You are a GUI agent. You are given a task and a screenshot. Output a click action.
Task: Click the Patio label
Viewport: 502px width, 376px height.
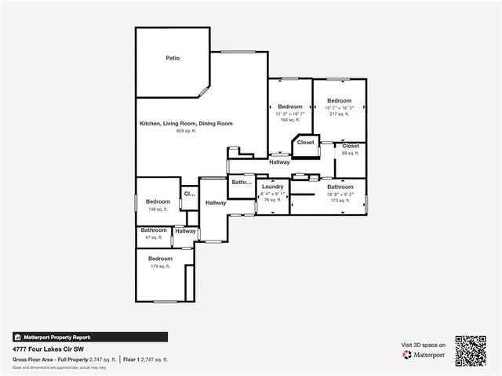tap(173, 58)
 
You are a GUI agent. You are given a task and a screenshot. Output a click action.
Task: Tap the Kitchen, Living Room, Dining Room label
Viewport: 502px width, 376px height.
tap(186, 124)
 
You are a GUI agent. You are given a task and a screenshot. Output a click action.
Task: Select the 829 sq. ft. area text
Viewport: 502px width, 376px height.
tap(186, 131)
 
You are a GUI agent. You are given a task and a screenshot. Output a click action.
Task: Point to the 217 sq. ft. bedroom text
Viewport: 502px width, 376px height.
tap(340, 114)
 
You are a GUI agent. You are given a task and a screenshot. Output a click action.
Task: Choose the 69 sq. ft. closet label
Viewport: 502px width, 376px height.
tap(350, 153)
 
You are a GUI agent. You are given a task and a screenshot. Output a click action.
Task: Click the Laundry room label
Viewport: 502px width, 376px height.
tap(272, 186)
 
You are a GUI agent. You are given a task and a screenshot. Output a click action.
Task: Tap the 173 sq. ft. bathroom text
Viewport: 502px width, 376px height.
tap(340, 201)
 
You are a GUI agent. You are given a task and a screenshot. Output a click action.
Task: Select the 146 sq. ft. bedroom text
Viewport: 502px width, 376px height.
tap(158, 209)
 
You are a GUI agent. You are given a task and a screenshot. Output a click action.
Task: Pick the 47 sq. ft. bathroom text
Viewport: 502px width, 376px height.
tap(154, 237)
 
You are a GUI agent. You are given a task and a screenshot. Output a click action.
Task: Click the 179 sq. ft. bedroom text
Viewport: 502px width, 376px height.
tap(160, 266)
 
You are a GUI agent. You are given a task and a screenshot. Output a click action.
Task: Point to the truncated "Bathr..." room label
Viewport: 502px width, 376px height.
tap(241, 183)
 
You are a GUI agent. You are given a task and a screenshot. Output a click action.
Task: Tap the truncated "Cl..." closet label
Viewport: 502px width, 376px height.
tap(189, 193)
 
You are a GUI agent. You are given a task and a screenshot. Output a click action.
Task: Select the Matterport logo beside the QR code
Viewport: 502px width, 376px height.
tap(424, 355)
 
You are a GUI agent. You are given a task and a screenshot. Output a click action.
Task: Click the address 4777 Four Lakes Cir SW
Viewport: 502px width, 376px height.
tap(48, 349)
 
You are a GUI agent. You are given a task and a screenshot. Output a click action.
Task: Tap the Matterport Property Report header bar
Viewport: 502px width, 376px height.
tap(89, 337)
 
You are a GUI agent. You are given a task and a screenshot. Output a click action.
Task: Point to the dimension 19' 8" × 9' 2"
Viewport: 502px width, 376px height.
tap(340, 194)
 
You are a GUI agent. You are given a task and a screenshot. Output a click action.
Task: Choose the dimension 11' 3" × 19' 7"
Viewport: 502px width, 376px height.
tap(289, 114)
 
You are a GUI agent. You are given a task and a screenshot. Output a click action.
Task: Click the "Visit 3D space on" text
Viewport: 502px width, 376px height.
tap(424, 345)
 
